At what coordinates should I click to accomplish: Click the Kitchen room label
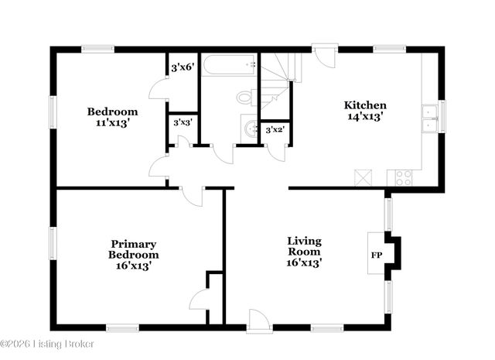pos(365,105)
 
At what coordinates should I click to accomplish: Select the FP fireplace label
pos(377,254)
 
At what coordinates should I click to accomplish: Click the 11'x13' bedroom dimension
pos(112,122)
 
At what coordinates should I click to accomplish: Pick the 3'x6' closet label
pos(182,67)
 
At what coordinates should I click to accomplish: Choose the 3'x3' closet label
pos(183,122)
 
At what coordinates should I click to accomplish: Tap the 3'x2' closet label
pos(275,130)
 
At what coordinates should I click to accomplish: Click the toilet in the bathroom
pos(247,98)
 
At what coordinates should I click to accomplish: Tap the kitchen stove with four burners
pos(404,177)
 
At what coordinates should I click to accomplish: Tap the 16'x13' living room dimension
pos(304,263)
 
